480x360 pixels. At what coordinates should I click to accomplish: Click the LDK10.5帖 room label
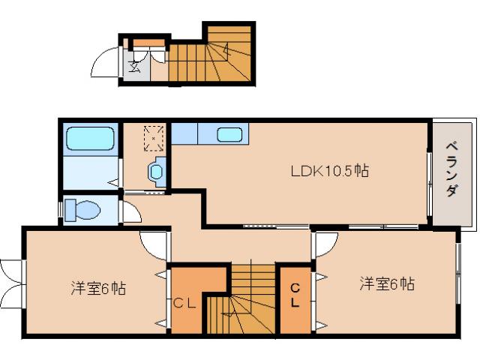tap(329, 171)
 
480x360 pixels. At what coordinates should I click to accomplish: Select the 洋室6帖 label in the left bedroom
tap(98, 287)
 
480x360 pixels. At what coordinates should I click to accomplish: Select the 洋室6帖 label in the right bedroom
tap(386, 284)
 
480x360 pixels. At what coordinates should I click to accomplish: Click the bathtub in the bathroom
tap(89, 139)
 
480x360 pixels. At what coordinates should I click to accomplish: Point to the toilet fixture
tap(82, 209)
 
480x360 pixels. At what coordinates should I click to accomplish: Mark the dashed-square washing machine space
tap(154, 137)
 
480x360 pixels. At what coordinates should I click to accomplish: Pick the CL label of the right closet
tap(295, 295)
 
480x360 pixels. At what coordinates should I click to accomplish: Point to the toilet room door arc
tap(129, 211)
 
